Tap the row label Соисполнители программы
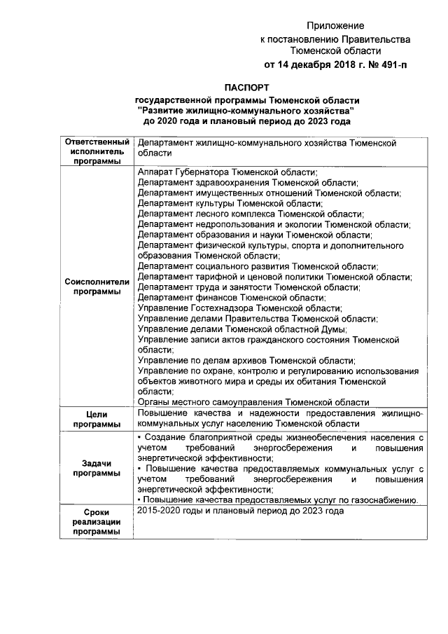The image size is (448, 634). click(98, 287)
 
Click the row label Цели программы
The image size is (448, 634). click(98, 419)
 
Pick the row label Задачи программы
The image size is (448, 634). click(98, 468)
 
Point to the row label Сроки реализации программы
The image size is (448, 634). click(98, 522)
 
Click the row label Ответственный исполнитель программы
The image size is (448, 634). click(98, 151)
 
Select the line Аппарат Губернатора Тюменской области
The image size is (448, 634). click(227, 172)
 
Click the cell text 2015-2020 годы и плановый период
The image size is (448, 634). click(241, 511)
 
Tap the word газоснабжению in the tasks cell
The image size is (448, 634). click(385, 499)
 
